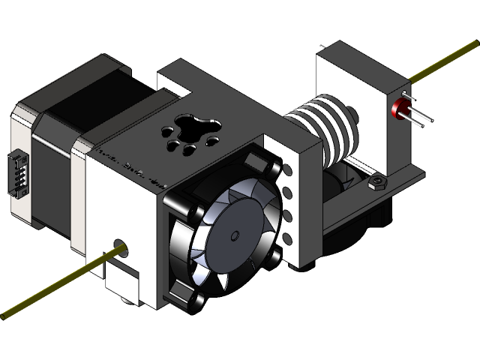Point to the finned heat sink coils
319,123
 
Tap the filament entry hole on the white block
119,244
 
